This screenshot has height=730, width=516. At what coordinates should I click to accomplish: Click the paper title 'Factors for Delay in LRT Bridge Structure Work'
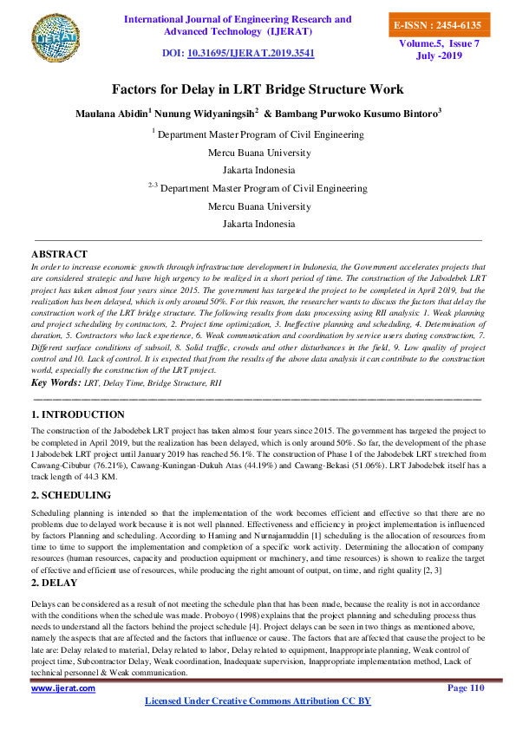[x=258, y=89]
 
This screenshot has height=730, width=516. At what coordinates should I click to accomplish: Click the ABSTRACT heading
[x=59, y=253]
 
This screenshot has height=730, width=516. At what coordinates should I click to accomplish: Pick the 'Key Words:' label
[x=56, y=382]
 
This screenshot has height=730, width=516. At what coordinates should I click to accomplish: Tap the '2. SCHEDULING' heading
[x=71, y=495]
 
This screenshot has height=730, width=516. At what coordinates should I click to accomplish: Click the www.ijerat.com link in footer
[x=63, y=688]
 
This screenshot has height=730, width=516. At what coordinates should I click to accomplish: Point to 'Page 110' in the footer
[x=465, y=688]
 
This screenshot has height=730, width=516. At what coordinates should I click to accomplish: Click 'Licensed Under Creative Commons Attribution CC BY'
[x=258, y=701]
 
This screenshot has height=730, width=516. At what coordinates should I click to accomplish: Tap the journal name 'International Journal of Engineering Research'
[x=238, y=19]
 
